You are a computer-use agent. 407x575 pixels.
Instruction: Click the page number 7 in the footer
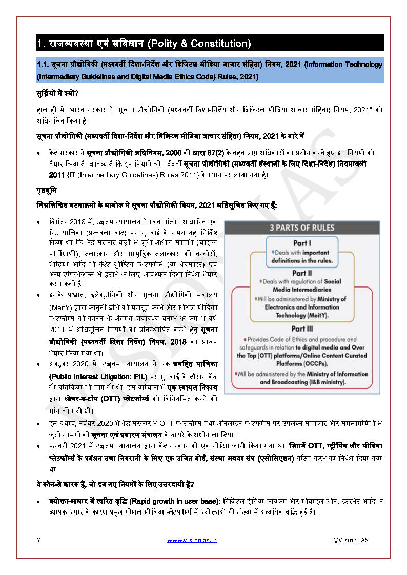[x=38, y=539]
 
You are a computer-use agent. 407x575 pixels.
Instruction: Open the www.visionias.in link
[x=192, y=540]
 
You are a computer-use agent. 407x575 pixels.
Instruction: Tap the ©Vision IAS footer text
[x=351, y=540]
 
